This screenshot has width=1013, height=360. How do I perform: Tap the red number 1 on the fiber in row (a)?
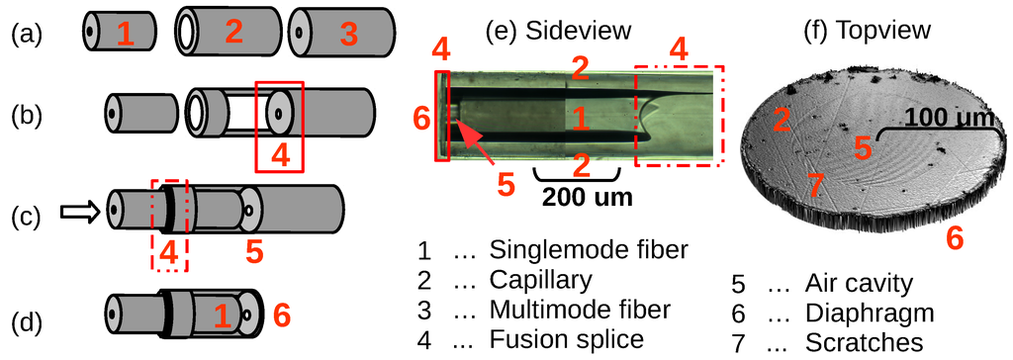124,35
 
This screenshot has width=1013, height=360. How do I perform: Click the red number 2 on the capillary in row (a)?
233,32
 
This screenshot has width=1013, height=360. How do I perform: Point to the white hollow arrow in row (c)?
79,210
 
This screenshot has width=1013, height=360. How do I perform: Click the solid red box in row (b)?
279,126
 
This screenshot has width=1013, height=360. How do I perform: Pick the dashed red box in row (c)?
168,225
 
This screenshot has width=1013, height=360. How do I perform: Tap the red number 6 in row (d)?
282,316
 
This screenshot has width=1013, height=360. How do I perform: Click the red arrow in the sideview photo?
474,139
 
